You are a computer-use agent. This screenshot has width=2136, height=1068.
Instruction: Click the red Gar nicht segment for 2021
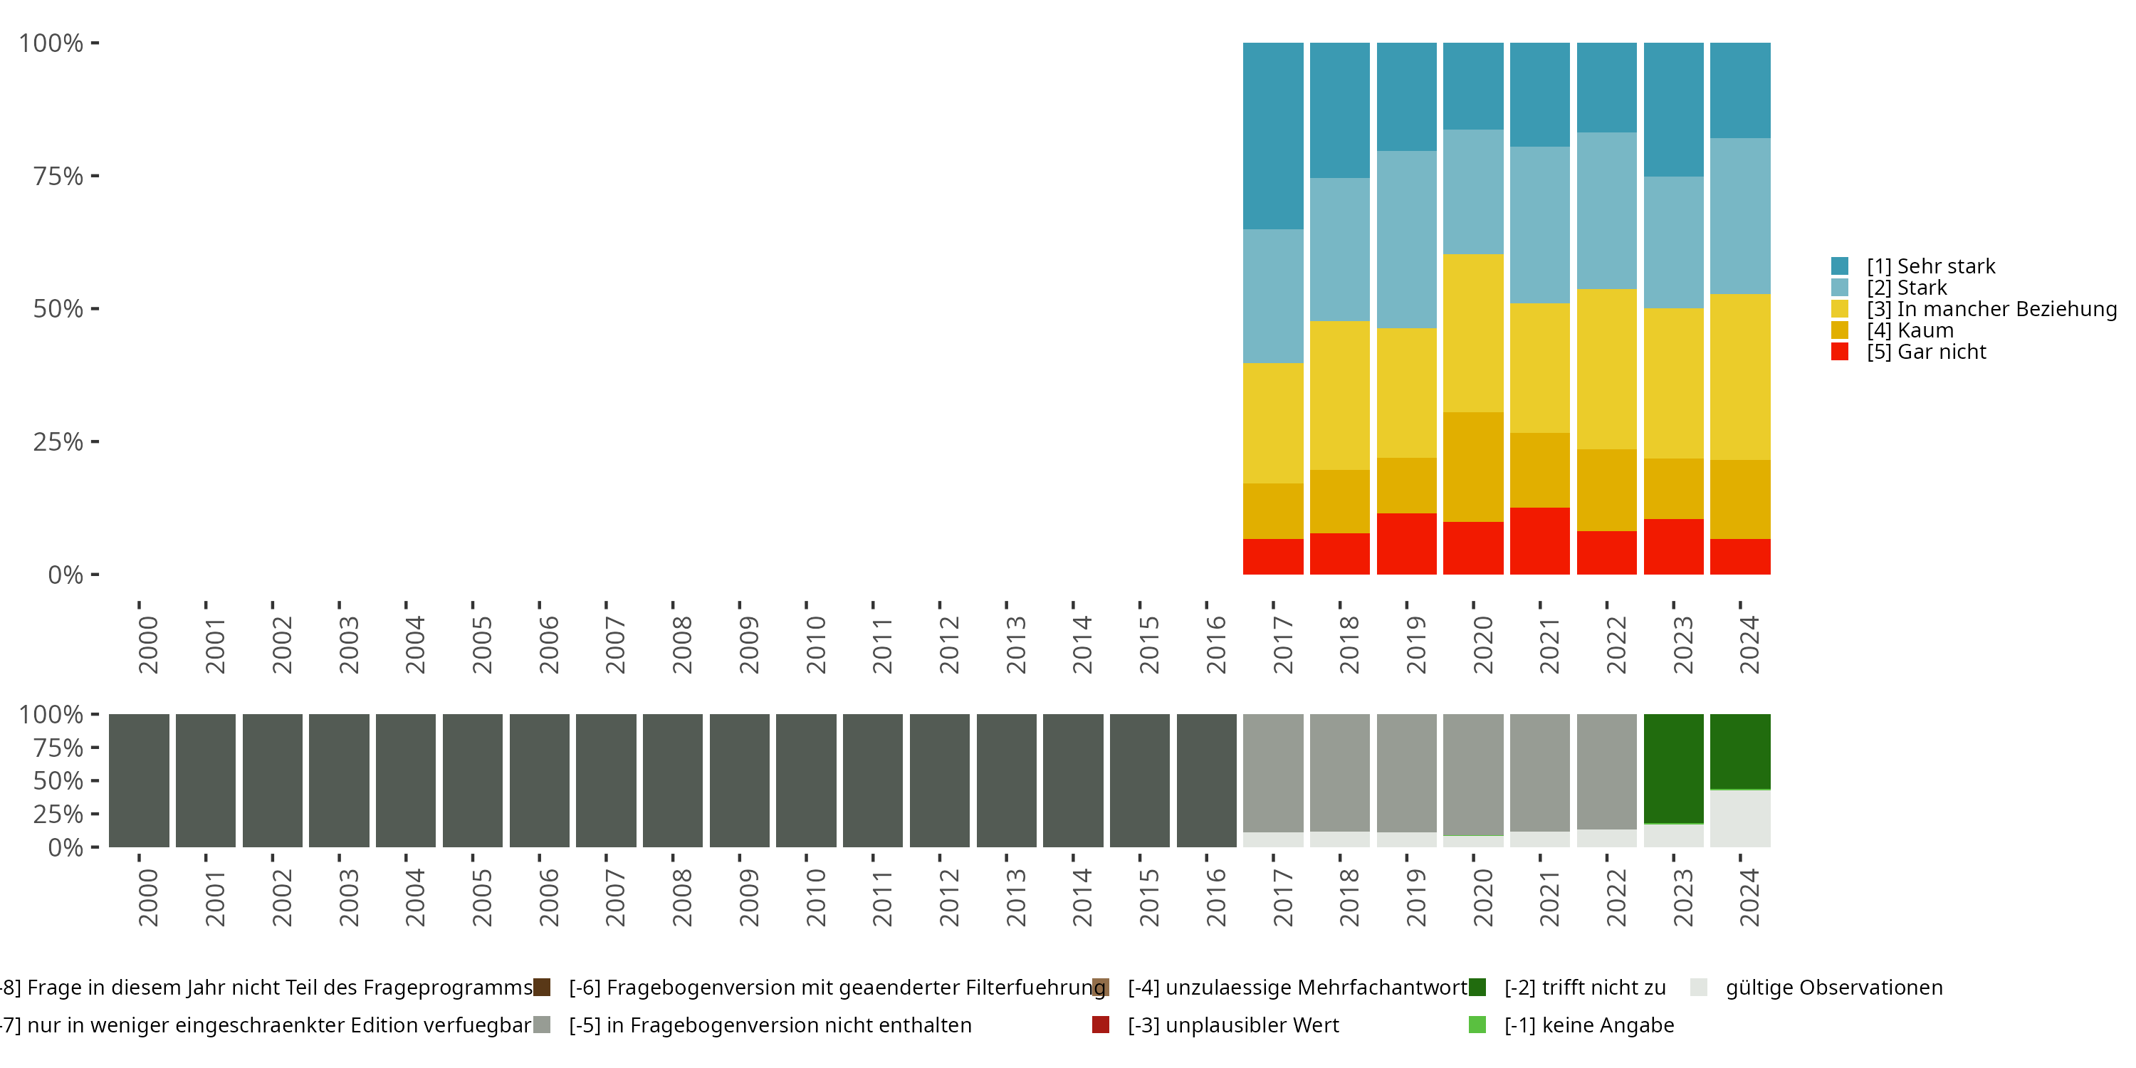[1540, 540]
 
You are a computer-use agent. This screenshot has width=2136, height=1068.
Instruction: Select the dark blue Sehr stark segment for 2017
[1273, 136]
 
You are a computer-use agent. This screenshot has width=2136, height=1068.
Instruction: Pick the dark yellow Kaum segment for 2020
[1472, 467]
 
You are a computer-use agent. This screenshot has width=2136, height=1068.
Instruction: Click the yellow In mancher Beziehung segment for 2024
[1739, 377]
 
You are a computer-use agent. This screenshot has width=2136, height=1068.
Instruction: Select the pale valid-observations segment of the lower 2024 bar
[1739, 818]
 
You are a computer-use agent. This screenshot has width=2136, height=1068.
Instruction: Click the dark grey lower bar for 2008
[672, 780]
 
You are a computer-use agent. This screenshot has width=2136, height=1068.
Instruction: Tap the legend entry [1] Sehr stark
[1930, 266]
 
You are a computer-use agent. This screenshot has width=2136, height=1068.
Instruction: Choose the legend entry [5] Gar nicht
[1925, 352]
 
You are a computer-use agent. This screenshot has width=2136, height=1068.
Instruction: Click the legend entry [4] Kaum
[1909, 330]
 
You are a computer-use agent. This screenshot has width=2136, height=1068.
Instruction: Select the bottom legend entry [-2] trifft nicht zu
[1583, 988]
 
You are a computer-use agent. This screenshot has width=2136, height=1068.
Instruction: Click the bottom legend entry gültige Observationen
[1833, 988]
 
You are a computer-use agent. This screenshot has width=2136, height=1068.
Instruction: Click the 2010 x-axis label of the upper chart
[816, 644]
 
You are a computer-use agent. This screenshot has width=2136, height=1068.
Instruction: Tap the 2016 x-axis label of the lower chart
[1215, 897]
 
